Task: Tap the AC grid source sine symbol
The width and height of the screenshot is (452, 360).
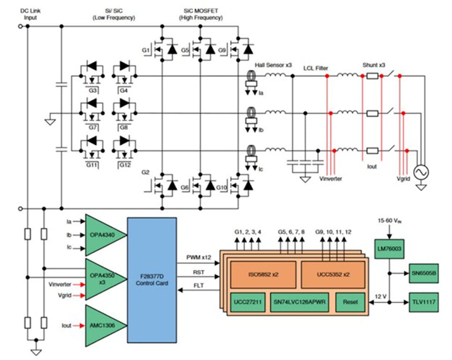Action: tap(421, 172)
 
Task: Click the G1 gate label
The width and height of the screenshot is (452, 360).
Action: tap(146, 50)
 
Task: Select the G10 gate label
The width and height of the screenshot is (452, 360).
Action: tap(221, 188)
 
